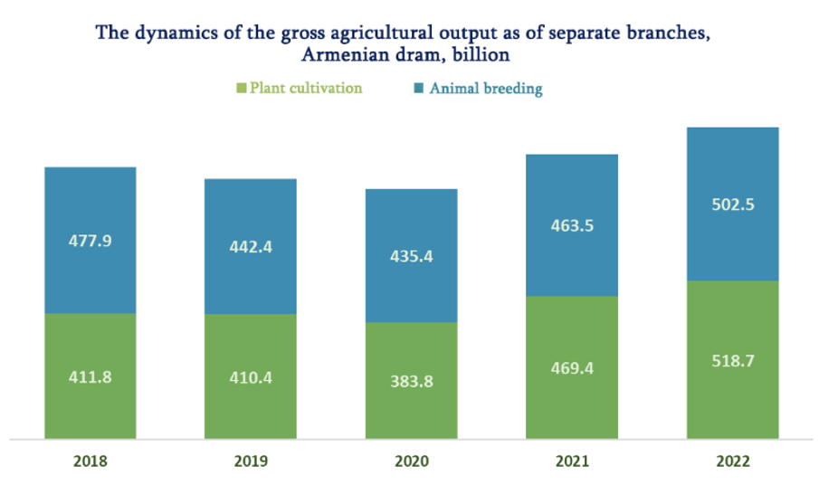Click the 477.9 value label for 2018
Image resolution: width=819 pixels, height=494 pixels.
click(90, 242)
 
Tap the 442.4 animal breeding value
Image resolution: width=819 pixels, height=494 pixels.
click(251, 247)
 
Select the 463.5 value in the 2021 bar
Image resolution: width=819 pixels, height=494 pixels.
click(572, 225)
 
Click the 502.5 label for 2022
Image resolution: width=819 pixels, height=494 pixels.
click(733, 204)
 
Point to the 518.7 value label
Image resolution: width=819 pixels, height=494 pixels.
click(733, 359)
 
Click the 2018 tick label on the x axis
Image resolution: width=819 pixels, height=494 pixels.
click(90, 461)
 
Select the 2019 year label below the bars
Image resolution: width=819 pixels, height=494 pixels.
click(251, 461)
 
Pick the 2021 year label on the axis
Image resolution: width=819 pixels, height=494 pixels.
click(572, 461)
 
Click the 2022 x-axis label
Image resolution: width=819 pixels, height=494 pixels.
click(733, 461)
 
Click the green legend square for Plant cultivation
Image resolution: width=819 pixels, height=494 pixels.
click(242, 89)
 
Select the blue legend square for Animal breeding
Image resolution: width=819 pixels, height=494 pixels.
click(418, 89)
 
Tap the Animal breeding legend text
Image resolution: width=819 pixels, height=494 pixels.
click(486, 89)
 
